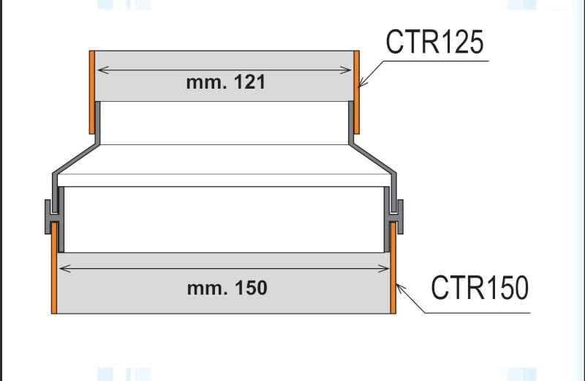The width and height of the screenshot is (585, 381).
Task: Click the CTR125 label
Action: (x=434, y=42)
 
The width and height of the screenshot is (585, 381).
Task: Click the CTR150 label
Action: (x=479, y=287)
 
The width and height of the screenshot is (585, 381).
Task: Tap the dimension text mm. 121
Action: (x=225, y=83)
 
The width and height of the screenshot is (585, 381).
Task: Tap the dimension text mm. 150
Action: (x=227, y=288)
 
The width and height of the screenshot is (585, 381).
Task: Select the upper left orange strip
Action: (x=92, y=92)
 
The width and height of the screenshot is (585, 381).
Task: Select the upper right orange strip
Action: (x=357, y=92)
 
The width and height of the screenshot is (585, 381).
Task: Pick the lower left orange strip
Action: (x=54, y=267)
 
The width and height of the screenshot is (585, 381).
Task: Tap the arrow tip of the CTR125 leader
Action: (x=360, y=86)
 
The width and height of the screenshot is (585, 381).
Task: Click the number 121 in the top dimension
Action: (x=249, y=83)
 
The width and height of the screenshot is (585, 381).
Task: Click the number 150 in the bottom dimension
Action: (x=251, y=288)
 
